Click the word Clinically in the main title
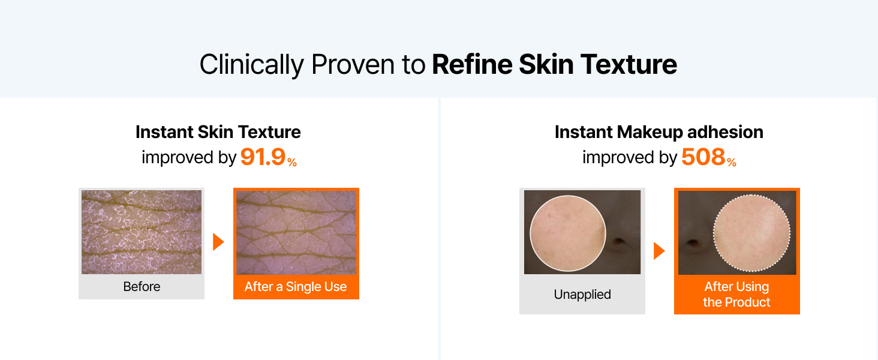coord(252,65)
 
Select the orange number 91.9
coord(263,157)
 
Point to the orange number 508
coord(703,157)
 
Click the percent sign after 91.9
coord(292,162)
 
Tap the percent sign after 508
coord(732,162)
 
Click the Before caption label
coord(142,287)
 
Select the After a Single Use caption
coord(296,287)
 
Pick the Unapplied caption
coord(582,294)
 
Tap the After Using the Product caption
coord(736,294)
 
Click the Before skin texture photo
coord(142,232)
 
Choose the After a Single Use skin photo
coord(296,232)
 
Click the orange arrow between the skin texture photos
coord(218,242)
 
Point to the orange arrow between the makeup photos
coord(659,251)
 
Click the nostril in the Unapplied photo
coord(619,241)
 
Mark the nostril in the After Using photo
coord(693,242)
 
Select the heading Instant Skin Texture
coord(218,132)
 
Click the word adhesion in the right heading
coord(725,132)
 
